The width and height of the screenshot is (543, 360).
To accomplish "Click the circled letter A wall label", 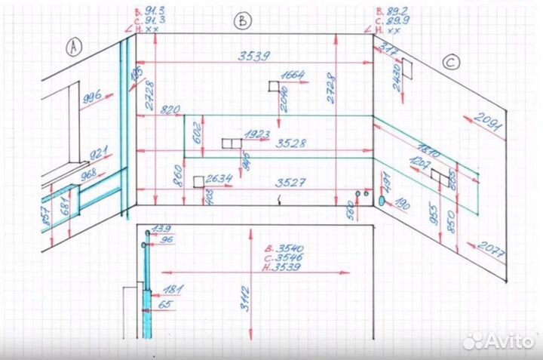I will pos(74,48).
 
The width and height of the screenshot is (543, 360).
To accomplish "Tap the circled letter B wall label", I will pos(241,20).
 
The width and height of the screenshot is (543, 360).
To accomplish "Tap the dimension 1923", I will pos(256,134).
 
